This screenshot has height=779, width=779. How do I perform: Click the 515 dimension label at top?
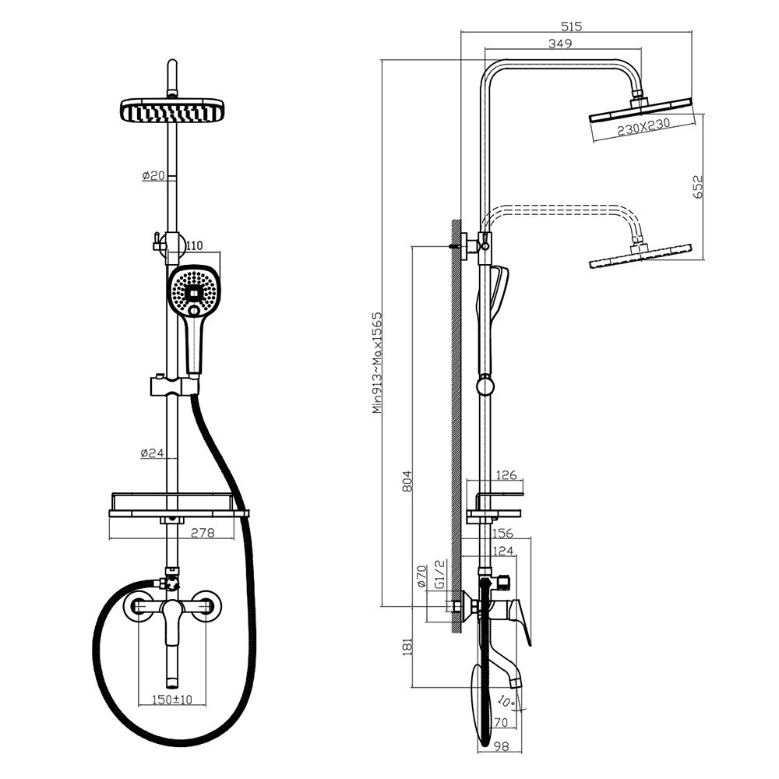[x=571, y=26]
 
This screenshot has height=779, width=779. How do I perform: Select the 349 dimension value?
[x=560, y=43]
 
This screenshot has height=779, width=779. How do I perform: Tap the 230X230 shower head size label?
[x=643, y=127]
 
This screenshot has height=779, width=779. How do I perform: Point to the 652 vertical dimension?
[x=698, y=187]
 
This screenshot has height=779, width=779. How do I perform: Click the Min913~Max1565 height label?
[x=378, y=363]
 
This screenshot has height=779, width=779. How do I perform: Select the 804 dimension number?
[x=407, y=481]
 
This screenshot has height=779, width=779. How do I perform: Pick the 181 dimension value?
[x=407, y=647]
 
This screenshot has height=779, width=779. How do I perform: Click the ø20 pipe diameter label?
[x=153, y=175]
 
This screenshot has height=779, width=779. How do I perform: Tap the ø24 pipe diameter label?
[x=153, y=453]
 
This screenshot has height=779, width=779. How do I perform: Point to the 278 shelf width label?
[x=203, y=533]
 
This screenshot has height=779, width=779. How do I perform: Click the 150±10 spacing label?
[x=171, y=700]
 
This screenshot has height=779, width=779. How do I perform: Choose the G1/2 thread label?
[x=439, y=574]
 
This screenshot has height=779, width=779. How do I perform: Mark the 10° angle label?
[x=506, y=702]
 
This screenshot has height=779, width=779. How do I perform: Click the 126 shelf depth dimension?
[x=507, y=475]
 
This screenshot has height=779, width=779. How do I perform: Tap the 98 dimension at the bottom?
[x=502, y=746]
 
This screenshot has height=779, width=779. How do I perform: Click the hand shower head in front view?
[x=193, y=291]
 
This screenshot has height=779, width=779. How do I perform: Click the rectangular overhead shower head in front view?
[x=172, y=110]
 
